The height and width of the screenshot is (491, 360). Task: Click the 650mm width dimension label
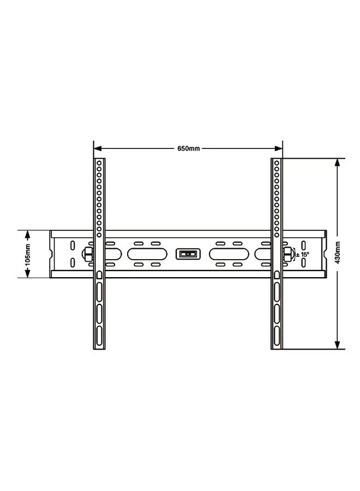(x=188, y=148)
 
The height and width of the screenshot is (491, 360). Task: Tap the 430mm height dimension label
(x=338, y=253)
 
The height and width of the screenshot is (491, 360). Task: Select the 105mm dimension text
(x=28, y=254)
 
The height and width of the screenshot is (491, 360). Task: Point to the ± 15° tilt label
(x=302, y=255)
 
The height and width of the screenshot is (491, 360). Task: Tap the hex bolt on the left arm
(x=87, y=254)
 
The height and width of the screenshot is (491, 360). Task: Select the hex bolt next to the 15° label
(x=287, y=254)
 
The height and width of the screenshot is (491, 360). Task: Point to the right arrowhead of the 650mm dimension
(x=278, y=148)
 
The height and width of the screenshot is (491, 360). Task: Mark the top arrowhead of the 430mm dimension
(x=337, y=163)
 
